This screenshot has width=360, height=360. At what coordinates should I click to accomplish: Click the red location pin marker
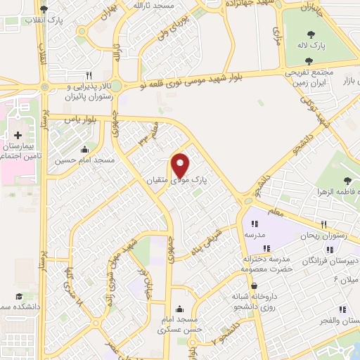coord(181,165)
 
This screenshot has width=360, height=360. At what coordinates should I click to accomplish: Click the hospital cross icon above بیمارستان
coord(18,134)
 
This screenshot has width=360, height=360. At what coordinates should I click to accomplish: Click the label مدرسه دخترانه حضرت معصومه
coord(266,264)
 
